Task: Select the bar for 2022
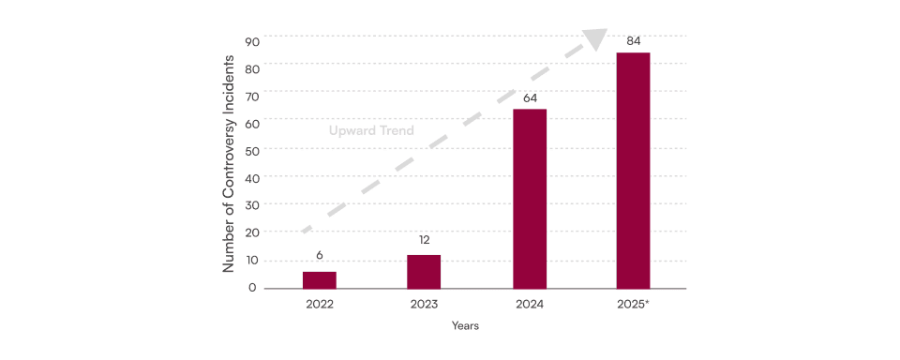pyautogui.click(x=319, y=280)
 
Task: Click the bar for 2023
pyautogui.click(x=424, y=272)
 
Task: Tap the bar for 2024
pyautogui.click(x=530, y=199)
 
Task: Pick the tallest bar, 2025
pyautogui.click(x=633, y=171)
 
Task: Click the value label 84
pyautogui.click(x=633, y=41)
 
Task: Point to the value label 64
pyautogui.click(x=530, y=98)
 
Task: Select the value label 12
pyautogui.click(x=424, y=240)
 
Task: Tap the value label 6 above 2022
pyautogui.click(x=319, y=255)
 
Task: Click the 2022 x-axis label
pyautogui.click(x=320, y=305)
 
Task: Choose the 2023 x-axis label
pyautogui.click(x=424, y=305)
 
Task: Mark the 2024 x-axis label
pyautogui.click(x=529, y=305)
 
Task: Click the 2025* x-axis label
pyautogui.click(x=633, y=305)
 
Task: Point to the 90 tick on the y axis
pyautogui.click(x=253, y=41)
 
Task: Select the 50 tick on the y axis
pyautogui.click(x=253, y=150)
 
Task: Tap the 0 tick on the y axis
pyautogui.click(x=252, y=288)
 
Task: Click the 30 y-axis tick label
pyautogui.click(x=253, y=205)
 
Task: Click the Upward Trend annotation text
pyautogui.click(x=371, y=130)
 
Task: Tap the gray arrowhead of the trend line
pyautogui.click(x=596, y=38)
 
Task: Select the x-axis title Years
pyautogui.click(x=465, y=325)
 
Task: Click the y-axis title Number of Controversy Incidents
pyautogui.click(x=229, y=164)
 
